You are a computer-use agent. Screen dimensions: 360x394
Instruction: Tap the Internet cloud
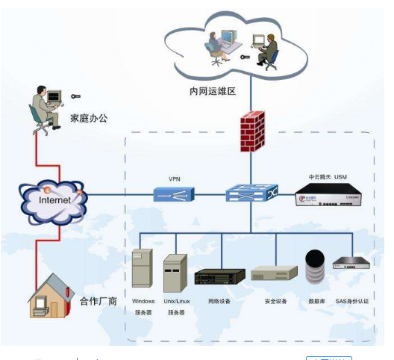click(x=53, y=199)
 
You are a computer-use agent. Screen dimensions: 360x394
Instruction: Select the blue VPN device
click(x=174, y=194)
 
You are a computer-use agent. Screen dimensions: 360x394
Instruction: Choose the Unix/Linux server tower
click(x=175, y=273)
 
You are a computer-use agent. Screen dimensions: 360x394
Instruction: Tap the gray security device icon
click(x=269, y=275)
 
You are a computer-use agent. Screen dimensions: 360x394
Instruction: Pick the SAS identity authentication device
click(x=352, y=263)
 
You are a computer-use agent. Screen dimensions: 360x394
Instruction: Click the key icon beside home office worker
click(x=76, y=96)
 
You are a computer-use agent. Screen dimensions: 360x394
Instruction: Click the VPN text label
click(x=175, y=179)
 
